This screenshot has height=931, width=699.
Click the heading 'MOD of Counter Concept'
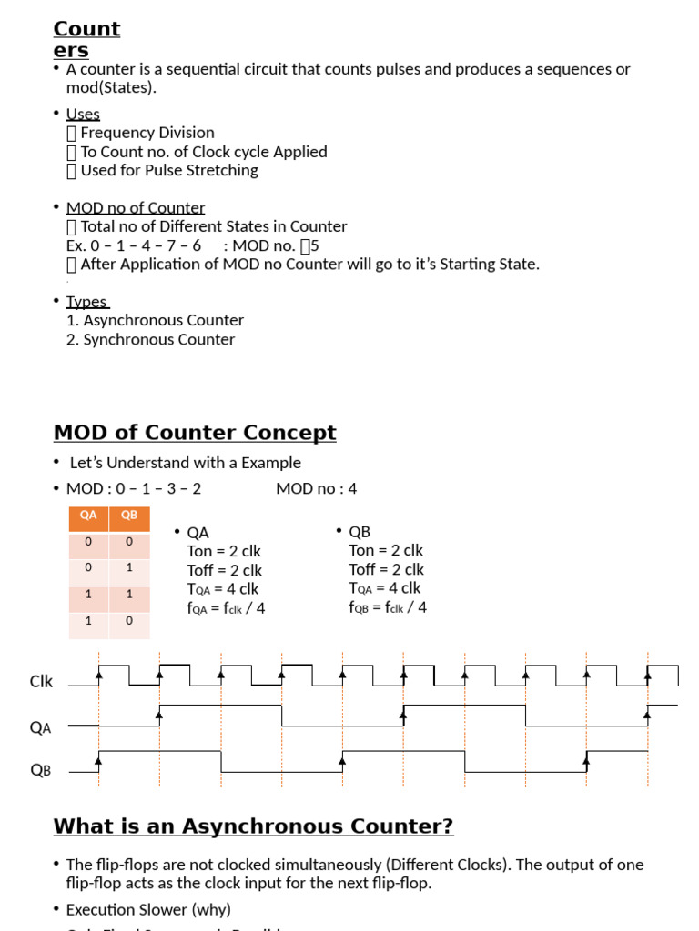point(195,433)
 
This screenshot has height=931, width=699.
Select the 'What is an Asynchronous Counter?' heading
point(253,826)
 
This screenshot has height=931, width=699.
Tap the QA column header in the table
point(88,516)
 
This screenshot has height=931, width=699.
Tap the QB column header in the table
point(129,516)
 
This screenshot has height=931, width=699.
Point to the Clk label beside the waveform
point(42,681)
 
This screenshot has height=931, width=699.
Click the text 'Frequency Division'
point(147,133)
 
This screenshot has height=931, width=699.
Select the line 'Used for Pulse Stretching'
point(168,170)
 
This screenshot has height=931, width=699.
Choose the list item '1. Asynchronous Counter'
point(155,320)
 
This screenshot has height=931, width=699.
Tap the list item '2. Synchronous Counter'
point(150,339)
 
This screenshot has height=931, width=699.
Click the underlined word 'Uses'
point(83,114)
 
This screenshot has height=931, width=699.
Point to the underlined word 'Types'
point(87,302)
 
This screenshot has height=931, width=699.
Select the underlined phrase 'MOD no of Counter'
point(136,208)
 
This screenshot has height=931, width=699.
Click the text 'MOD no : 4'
point(317,489)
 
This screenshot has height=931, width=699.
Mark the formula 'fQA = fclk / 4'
point(226,607)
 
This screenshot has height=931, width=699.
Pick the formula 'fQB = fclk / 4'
point(388,606)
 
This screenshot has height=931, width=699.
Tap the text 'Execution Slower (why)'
point(148,909)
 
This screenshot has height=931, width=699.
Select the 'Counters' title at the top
point(86,39)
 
